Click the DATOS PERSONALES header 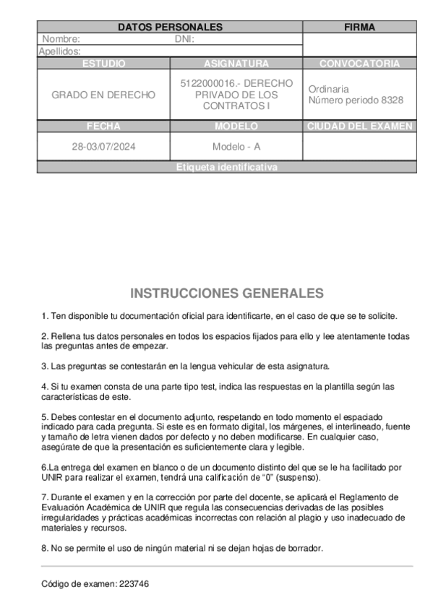pos(170,27)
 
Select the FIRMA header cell pos(359,27)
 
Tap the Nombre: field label pos(61,39)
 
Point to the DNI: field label pos(185,39)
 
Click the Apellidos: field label pos(59,51)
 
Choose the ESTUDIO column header pos(103,64)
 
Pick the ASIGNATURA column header pos(236,64)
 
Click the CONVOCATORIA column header pos(359,64)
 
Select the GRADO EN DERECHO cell pos(103,95)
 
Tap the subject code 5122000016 pos(205,83)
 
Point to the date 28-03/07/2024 pos(103,147)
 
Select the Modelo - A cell pos(236,147)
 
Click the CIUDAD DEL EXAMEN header pos(359,127)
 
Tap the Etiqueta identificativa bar pos(226,168)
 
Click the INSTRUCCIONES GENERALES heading pos(227,293)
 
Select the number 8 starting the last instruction pos(43,547)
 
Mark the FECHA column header pos(103,127)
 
